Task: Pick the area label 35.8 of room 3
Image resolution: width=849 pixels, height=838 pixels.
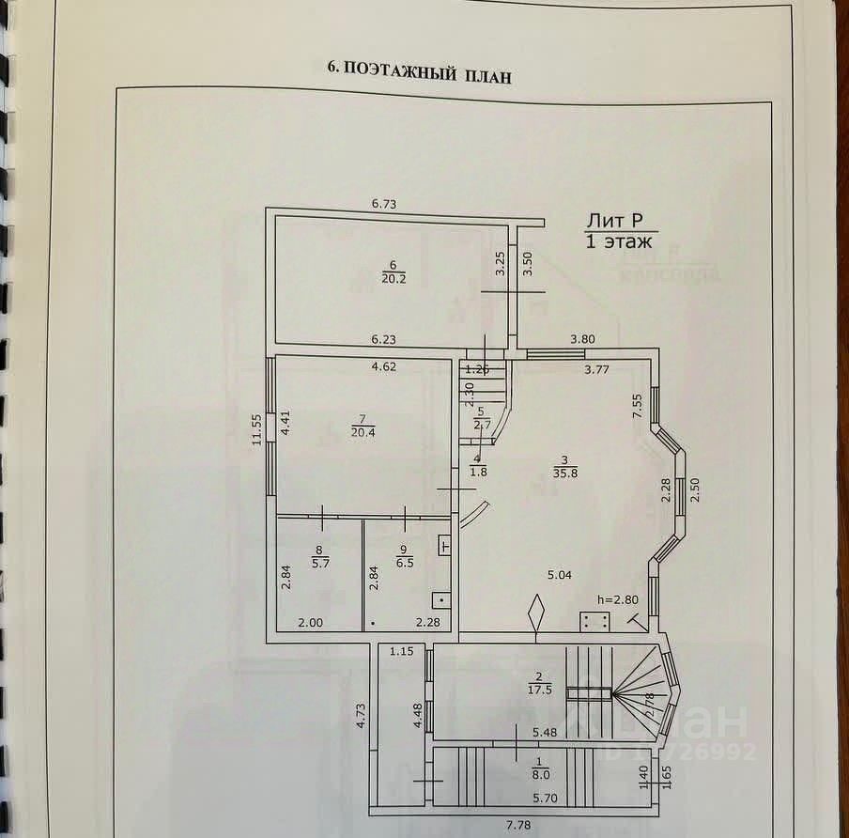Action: pyautogui.click(x=564, y=473)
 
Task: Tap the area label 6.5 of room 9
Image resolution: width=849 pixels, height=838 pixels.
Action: pyautogui.click(x=404, y=564)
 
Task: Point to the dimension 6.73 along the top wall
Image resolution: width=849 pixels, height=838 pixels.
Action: pyautogui.click(x=385, y=203)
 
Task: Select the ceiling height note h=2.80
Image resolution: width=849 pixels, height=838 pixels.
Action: pyautogui.click(x=617, y=599)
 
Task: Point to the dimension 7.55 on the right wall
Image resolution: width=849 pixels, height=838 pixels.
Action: pyautogui.click(x=638, y=405)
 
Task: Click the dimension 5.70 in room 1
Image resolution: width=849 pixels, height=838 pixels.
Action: pyautogui.click(x=548, y=799)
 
